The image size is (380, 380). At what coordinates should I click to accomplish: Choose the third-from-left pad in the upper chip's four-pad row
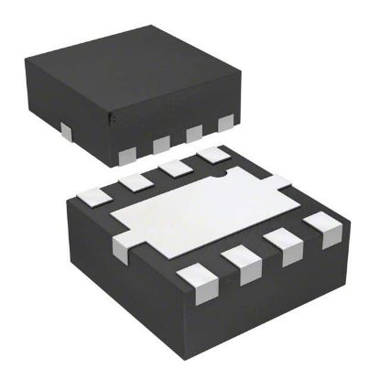(194, 133)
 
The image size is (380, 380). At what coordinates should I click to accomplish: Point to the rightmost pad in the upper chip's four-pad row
(223, 123)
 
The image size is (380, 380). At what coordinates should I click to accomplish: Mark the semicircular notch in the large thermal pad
(218, 171)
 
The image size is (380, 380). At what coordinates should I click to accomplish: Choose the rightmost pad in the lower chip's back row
(212, 157)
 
